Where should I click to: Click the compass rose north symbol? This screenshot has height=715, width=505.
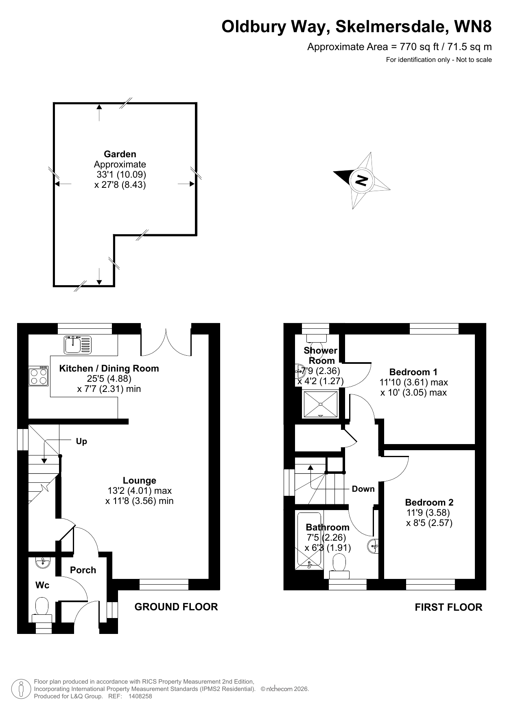tap(361, 180)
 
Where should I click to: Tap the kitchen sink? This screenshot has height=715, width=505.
tap(78, 345)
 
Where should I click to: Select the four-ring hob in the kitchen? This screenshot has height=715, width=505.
tap(38, 376)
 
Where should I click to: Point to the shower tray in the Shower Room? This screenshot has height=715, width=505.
tap(320, 404)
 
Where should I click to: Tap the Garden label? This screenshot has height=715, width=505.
tap(120, 154)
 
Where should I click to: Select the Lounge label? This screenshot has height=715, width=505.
tap(140, 481)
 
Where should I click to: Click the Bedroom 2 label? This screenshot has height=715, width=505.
tap(429, 502)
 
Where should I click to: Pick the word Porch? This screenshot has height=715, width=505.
tap(83, 570)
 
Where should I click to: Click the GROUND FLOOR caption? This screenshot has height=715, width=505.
tap(176, 607)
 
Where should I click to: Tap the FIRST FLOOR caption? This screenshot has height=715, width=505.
tap(448, 607)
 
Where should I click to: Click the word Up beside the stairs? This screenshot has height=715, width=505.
tap(81, 442)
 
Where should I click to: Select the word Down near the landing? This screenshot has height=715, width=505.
tap(363, 489)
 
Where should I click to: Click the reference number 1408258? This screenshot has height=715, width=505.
tap(140, 696)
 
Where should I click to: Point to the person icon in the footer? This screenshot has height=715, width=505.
tap(21, 689)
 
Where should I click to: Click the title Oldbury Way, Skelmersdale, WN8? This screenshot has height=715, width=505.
tap(356, 27)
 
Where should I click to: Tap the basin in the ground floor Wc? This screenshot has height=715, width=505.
tap(43, 563)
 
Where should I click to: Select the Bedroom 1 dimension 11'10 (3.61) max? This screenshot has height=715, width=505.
tap(413, 383)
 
